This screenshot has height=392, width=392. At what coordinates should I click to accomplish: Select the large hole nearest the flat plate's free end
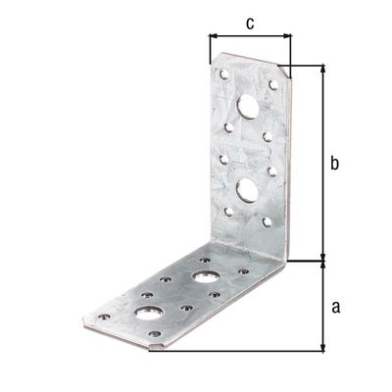[150, 314]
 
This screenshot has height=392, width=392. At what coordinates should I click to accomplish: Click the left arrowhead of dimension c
[213, 36]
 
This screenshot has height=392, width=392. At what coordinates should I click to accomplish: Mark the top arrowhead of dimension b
[322, 70]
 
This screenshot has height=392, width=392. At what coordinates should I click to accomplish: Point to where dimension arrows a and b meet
[322, 262]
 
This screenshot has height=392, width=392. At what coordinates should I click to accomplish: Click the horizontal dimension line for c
[250, 36]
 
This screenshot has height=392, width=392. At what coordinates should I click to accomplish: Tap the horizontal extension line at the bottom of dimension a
[245, 350]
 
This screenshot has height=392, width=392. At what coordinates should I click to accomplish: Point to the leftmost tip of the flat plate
[81, 318]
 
